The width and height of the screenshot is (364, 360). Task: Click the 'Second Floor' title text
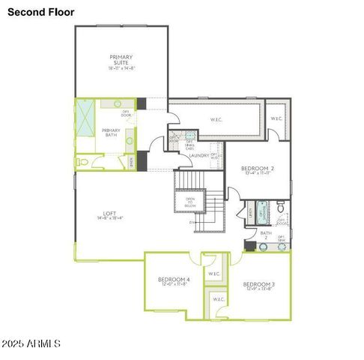(40, 11)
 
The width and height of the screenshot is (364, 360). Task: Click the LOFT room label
(110, 212)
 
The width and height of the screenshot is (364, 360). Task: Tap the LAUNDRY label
(198, 156)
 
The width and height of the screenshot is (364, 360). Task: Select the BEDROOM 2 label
(256, 169)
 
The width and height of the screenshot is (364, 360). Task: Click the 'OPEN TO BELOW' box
(190, 202)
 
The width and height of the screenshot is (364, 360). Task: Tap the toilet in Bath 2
(281, 206)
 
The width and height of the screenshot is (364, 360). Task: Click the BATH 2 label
(265, 235)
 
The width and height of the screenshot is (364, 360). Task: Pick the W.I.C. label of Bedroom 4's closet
(214, 274)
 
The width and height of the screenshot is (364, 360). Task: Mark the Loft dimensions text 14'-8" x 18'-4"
(110, 218)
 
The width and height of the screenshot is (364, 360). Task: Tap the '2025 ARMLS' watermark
(31, 343)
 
